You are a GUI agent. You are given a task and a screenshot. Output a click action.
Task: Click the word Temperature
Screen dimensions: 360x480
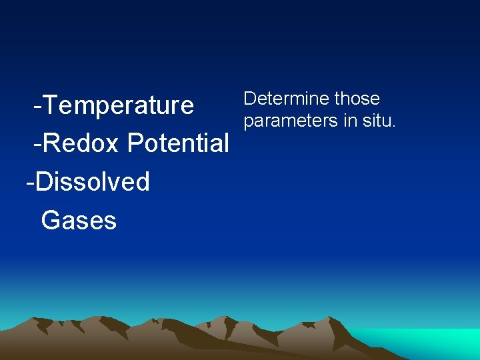120,105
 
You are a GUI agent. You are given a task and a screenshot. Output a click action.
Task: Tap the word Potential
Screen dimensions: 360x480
179,143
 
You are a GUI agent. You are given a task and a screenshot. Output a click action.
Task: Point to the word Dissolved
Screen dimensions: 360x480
93,181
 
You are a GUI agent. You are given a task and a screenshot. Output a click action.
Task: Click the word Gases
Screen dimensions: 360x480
79,220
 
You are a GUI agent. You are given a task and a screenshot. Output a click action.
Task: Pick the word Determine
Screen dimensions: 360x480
286,99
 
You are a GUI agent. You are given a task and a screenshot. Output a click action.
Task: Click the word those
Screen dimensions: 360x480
357,99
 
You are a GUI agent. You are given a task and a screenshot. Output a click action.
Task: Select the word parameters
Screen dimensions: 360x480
291,121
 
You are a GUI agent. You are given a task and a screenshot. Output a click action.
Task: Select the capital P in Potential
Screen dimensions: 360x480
135,143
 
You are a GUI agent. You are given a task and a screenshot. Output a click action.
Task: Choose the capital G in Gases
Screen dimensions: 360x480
50,220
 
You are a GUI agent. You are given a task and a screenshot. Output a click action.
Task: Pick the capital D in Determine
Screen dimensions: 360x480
250,99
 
